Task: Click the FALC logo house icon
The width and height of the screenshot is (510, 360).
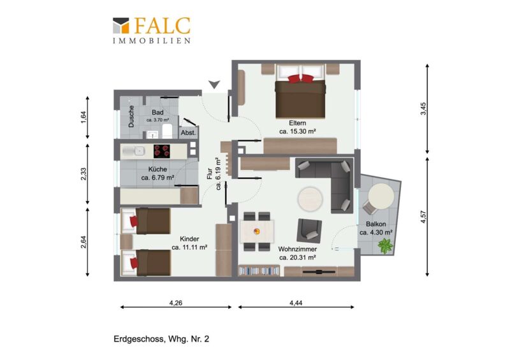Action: tap(121, 25)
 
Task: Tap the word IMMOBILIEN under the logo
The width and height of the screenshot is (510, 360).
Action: tap(152, 41)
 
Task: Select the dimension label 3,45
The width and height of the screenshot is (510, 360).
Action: tap(423, 108)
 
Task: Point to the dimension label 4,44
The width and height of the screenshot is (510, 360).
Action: tap(296, 303)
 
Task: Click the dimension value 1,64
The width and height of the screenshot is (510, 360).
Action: tap(84, 117)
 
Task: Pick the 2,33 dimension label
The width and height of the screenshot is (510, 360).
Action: tap(84, 174)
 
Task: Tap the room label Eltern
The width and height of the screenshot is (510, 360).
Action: tap(297, 123)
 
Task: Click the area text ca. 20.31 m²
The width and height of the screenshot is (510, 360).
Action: tap(298, 257)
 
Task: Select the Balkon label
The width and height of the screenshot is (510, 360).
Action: tap(375, 224)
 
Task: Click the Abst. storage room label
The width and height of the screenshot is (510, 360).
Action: tap(188, 133)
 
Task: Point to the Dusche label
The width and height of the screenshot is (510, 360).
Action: tap(131, 116)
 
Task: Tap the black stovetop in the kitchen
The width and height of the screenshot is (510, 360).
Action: tap(162, 151)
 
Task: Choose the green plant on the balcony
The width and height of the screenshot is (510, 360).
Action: tap(386, 245)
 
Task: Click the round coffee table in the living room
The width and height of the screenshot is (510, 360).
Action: tap(310, 199)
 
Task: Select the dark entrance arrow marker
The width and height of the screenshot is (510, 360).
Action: tap(214, 85)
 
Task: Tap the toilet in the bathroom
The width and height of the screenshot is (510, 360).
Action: tap(167, 131)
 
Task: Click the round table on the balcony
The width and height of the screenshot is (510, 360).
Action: tap(381, 196)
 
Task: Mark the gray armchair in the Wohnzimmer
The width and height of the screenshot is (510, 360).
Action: tap(309, 230)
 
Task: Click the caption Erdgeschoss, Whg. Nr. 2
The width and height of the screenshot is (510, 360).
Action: tap(161, 339)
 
